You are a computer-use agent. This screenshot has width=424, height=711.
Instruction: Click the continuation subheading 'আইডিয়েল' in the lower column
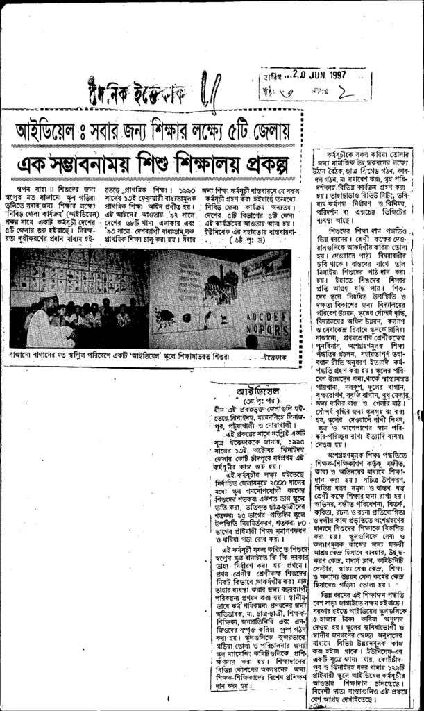pyautogui.click(x=257, y=391)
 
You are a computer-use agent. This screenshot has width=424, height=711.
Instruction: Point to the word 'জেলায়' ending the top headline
pyautogui.click(x=276, y=130)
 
